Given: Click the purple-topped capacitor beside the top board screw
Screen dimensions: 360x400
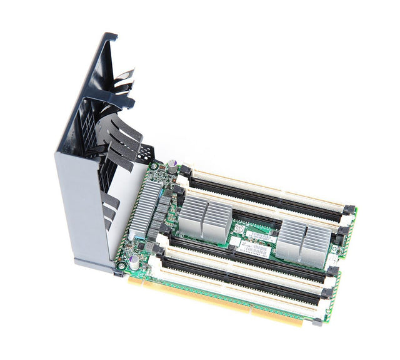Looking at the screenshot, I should [171, 165].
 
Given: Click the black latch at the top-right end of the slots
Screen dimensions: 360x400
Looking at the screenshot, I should [348, 210].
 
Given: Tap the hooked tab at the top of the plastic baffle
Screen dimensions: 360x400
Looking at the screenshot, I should [109, 38].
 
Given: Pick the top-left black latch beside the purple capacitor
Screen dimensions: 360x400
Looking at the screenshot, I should [184, 170].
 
